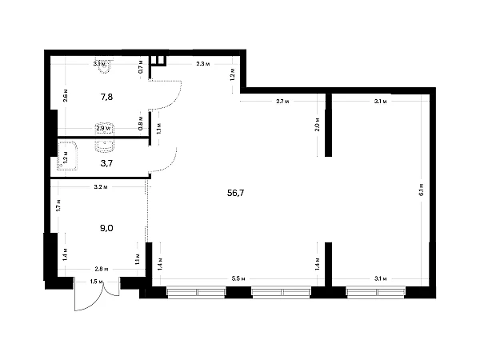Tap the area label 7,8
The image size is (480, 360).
(106, 97)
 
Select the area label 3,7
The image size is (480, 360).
(106, 162)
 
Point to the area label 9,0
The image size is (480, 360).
(106, 228)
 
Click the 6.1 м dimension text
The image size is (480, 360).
(421, 190)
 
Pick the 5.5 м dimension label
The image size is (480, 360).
(238, 278)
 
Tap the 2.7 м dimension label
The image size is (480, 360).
(282, 102)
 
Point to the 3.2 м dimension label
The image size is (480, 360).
(101, 187)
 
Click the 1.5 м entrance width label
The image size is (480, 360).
(96, 282)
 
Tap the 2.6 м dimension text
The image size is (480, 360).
(65, 94)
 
